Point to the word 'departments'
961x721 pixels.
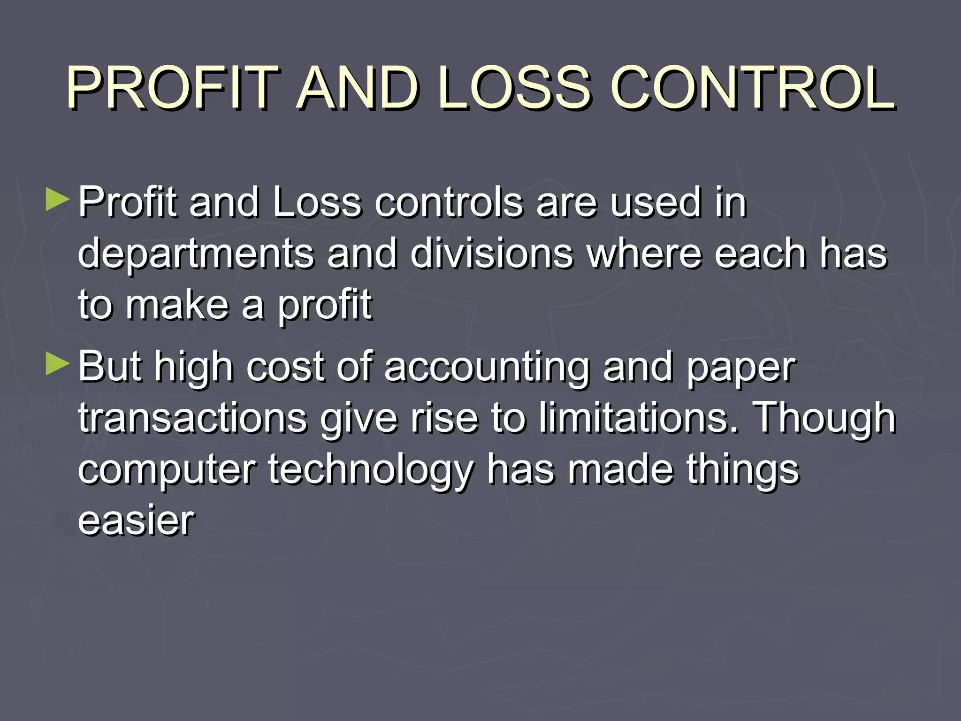pyautogui.click(x=196, y=255)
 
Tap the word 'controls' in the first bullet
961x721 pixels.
pyautogui.click(x=449, y=203)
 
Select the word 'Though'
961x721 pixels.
pyautogui.click(x=824, y=419)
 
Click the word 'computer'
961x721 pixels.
pyautogui.click(x=167, y=470)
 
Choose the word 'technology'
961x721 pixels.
pyautogui.click(x=371, y=470)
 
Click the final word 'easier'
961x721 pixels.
pyautogui.click(x=136, y=521)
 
